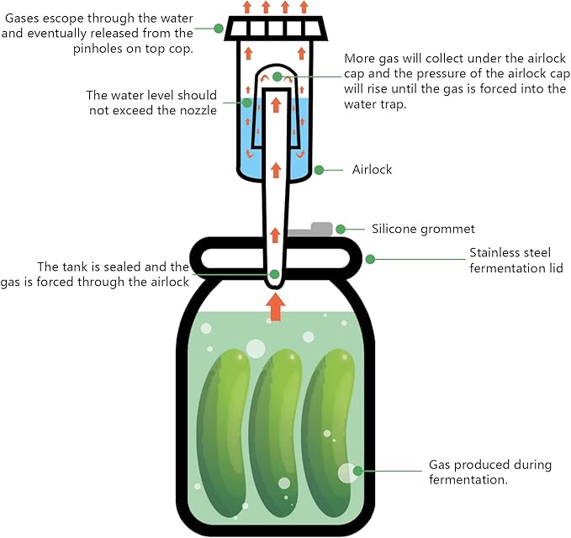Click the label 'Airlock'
click(372, 170)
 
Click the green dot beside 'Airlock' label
click(319, 170)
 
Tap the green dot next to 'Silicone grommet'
click(341, 229)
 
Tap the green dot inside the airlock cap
click(277, 76)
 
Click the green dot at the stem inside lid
click(275, 274)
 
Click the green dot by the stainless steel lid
click(370, 259)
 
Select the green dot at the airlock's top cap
click(219, 28)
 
